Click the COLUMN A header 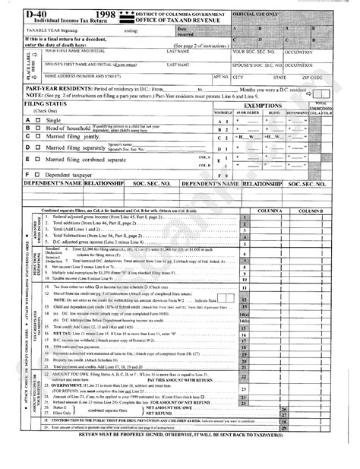point(270,209)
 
